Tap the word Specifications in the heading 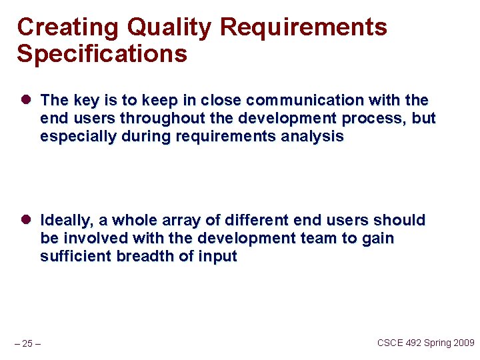102,54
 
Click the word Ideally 65,220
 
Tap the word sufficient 75,257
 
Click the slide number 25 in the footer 27,344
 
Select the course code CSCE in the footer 390,343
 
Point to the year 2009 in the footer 463,343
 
